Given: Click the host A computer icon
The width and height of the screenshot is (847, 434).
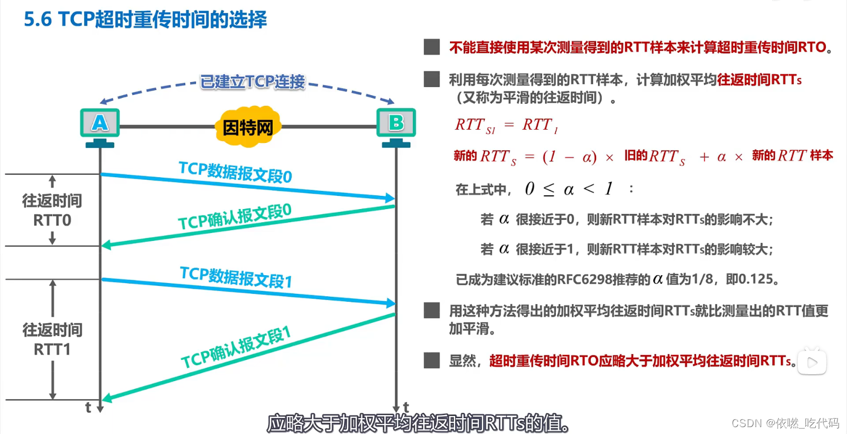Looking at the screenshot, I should (x=100, y=124).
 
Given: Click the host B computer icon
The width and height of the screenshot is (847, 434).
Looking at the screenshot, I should (x=396, y=124).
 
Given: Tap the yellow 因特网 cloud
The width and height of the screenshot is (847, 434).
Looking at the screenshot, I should (x=248, y=127).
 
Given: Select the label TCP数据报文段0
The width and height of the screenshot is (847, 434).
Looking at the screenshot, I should (x=235, y=172).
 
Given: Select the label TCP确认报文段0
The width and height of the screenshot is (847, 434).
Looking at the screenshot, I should (x=235, y=216).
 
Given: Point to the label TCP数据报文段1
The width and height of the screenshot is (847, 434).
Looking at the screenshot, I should (x=236, y=277).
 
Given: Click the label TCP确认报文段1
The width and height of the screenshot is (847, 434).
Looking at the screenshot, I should (x=236, y=348).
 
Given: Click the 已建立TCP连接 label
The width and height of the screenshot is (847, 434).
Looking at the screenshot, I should (x=253, y=82).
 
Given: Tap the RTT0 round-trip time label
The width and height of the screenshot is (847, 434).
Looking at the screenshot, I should (x=52, y=210).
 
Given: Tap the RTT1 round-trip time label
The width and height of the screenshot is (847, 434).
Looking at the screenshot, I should (x=52, y=339).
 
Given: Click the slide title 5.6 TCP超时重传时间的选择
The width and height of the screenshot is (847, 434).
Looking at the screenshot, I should (x=146, y=20).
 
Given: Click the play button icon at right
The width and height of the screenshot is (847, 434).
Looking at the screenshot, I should (x=812, y=363).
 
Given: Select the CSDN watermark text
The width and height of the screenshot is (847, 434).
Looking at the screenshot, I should (x=785, y=423).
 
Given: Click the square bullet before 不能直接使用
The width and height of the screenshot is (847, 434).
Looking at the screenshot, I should (x=431, y=47).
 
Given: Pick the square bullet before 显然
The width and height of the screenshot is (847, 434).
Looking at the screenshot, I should (x=431, y=360).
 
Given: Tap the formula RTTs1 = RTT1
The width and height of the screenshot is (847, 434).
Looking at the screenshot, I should (x=506, y=125).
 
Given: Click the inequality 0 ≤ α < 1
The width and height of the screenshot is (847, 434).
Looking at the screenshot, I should (x=569, y=189).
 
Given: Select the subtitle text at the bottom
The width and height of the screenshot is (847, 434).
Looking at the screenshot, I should (x=418, y=423).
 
